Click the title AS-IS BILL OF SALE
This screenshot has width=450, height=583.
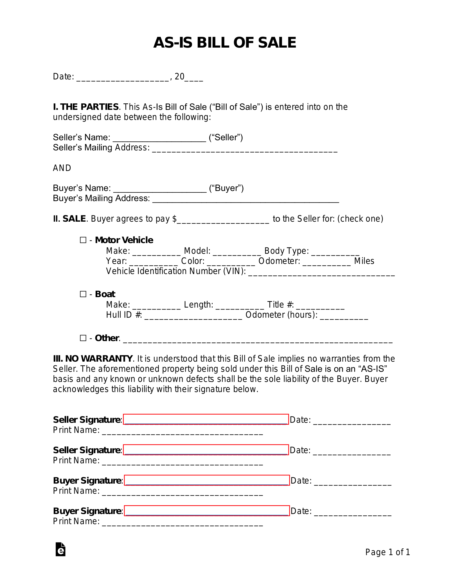tap(225, 43)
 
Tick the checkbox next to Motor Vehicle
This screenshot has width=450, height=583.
tap(83, 240)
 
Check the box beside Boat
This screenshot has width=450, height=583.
tap(83, 294)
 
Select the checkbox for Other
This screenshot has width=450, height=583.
tap(83, 338)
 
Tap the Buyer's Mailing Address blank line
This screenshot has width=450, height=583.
tap(245, 199)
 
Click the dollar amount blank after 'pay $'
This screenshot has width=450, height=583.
tap(223, 220)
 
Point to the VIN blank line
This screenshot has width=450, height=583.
tap(321, 272)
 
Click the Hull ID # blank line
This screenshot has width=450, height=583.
tap(193, 316)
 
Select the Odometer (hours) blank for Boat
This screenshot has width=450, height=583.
tap(344, 316)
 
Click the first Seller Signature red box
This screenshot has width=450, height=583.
tap(206, 419)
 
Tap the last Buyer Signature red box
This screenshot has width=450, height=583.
tap(207, 511)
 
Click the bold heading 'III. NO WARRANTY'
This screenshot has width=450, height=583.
tap(93, 359)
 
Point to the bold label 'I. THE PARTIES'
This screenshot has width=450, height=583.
tap(86, 107)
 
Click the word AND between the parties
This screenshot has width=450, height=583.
tap(62, 168)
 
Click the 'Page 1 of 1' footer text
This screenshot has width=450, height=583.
tap(388, 552)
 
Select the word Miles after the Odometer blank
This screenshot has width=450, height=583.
tap(364, 261)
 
